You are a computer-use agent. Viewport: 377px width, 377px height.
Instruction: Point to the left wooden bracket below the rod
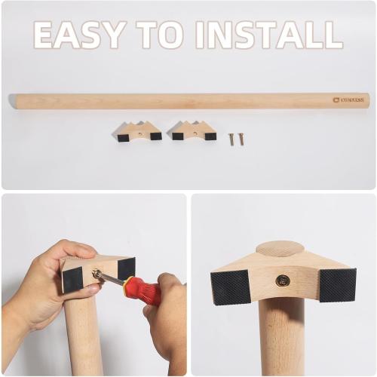[139, 132]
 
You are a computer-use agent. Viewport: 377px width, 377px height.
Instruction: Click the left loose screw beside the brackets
[231, 139]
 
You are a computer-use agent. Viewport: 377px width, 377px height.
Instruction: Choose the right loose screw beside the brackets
[241, 139]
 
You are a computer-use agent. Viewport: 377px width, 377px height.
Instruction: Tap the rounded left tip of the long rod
[13, 100]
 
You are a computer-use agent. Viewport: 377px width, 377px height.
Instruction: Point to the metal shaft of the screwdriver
[108, 277]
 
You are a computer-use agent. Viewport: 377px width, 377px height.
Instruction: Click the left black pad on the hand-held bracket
[72, 279]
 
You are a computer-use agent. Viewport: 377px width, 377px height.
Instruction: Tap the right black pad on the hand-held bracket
[126, 268]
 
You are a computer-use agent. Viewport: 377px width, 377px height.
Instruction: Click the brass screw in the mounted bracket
[283, 281]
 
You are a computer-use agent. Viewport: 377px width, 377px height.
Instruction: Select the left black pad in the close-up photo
[231, 287]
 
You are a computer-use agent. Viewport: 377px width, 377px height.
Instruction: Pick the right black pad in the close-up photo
[337, 285]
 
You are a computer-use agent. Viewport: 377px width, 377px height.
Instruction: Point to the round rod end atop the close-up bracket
[280, 249]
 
